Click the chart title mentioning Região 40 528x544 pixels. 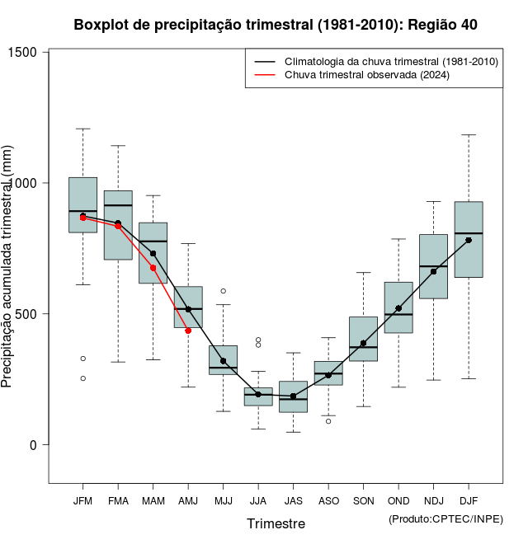pyautogui.click(x=276, y=25)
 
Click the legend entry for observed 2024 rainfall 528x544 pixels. pyautogui.click(x=366, y=75)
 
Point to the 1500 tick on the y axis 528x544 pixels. pyautogui.click(x=32, y=53)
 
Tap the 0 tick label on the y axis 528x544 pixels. pyautogui.click(x=32, y=445)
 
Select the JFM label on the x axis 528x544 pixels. pyautogui.click(x=82, y=500)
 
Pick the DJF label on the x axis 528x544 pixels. pyautogui.click(x=469, y=500)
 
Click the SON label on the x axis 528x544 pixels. pyautogui.click(x=363, y=500)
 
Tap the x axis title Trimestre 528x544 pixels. pyautogui.click(x=276, y=523)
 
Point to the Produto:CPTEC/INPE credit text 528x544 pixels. pyautogui.click(x=445, y=518)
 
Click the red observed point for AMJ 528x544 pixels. pyautogui.click(x=188, y=331)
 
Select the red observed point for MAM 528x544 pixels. pyautogui.click(x=153, y=268)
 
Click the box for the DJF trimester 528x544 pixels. pyautogui.click(x=469, y=239)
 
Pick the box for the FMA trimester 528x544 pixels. pyautogui.click(x=118, y=225)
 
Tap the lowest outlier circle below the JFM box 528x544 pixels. pyautogui.click(x=82, y=378)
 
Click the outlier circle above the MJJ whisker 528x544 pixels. pyautogui.click(x=224, y=291)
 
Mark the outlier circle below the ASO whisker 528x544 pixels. pyautogui.click(x=328, y=421)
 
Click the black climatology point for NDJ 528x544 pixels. pyautogui.click(x=433, y=271)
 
